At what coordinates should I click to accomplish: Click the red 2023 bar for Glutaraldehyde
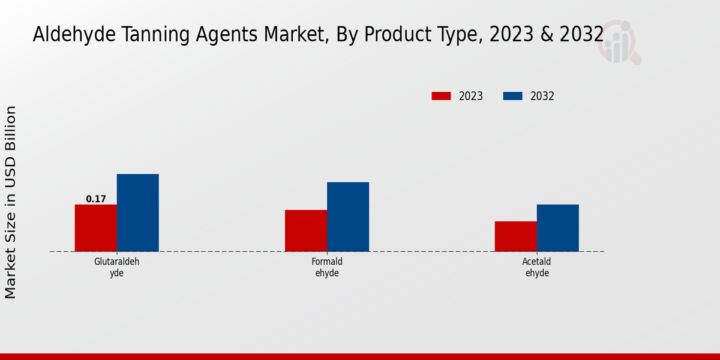click(96, 228)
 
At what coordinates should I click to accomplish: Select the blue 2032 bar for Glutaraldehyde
click(138, 213)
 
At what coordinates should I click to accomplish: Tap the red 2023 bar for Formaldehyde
click(306, 230)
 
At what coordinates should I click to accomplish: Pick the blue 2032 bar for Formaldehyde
click(348, 217)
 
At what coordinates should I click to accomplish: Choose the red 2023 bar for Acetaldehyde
click(516, 236)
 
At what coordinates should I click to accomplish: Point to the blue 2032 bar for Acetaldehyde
click(558, 228)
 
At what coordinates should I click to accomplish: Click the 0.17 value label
click(96, 199)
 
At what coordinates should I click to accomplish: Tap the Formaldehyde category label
click(327, 267)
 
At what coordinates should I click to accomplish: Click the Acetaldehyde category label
click(537, 267)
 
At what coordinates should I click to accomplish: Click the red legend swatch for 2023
click(441, 96)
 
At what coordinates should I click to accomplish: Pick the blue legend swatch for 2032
click(512, 96)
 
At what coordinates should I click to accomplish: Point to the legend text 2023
click(471, 96)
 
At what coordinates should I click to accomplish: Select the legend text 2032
click(542, 96)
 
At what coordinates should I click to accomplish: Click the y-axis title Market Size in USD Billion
click(11, 202)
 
